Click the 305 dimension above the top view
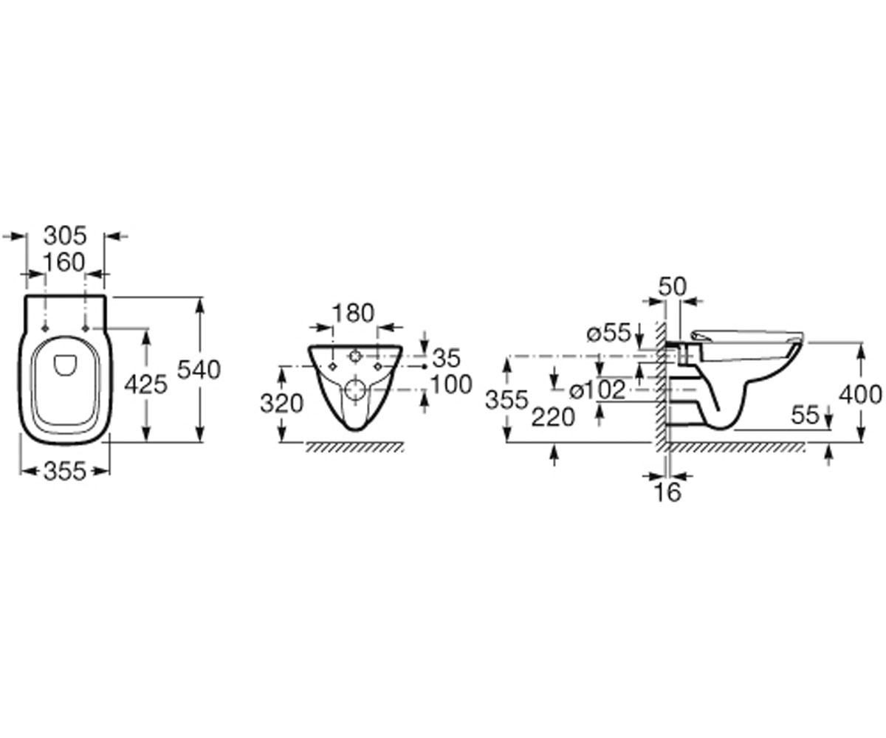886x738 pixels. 65,236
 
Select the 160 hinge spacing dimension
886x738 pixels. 63,263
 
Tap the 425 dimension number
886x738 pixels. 145,385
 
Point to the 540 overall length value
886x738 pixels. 199,369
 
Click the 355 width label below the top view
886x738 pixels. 65,471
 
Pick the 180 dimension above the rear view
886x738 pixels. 353,314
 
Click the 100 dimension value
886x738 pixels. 451,385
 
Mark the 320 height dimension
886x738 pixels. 281,403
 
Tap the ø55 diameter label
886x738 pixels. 609,333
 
